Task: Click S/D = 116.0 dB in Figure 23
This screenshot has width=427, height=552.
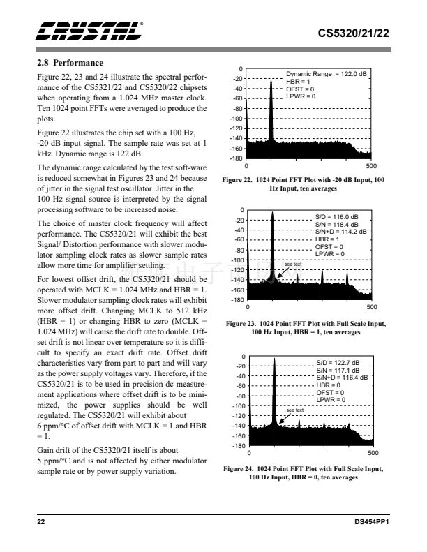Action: pos(336,216)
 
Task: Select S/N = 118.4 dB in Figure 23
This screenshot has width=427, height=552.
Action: pos(336,224)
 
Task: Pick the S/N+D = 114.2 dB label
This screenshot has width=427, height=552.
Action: pos(340,232)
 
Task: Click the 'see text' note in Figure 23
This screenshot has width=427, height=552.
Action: pos(293,264)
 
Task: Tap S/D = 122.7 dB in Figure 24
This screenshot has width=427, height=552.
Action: pos(336,363)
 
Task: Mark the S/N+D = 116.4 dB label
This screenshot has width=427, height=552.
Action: pos(340,378)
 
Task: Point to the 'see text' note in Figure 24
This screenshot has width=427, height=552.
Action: pos(295,410)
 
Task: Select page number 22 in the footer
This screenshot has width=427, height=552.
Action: pos(41,521)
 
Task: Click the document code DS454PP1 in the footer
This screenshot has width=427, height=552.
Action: pos(370,521)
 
